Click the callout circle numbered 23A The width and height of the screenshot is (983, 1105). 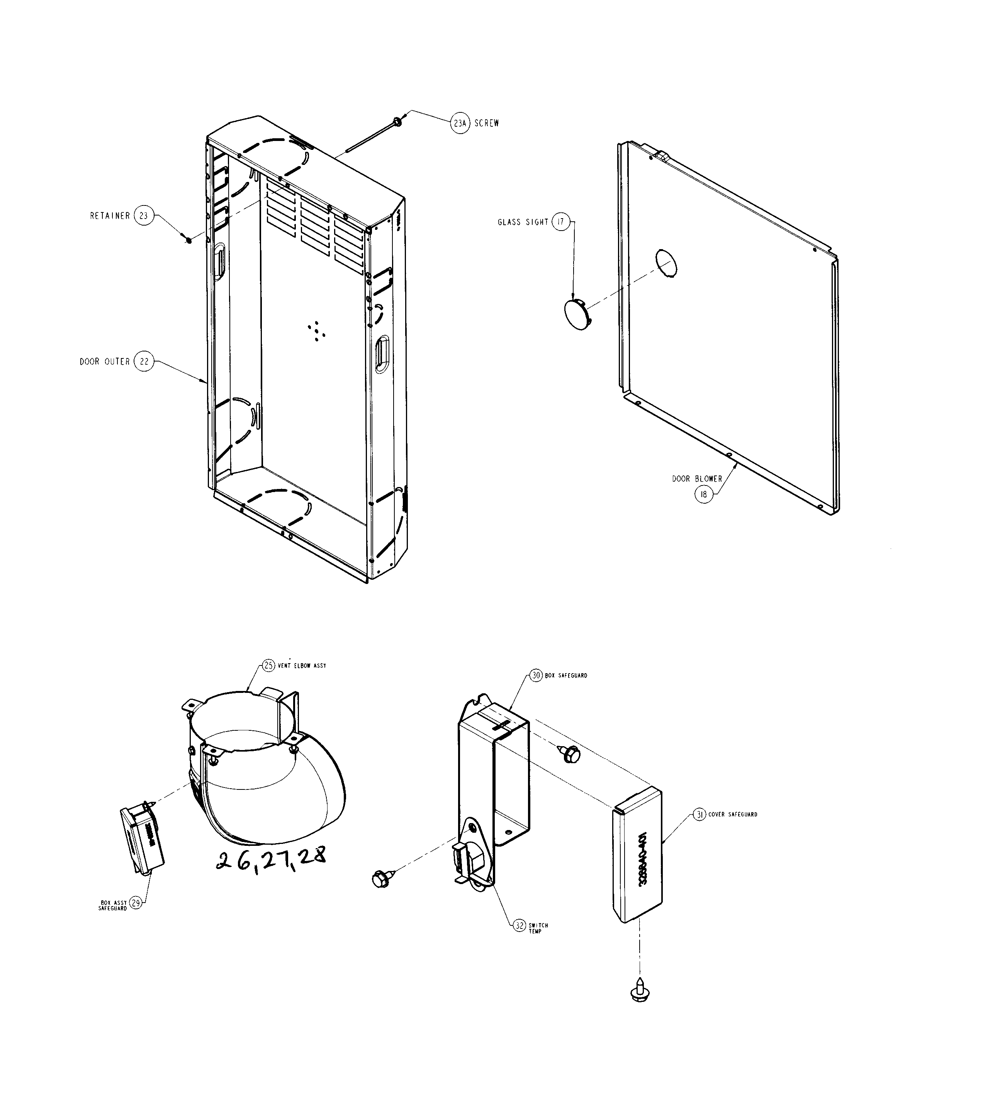point(460,123)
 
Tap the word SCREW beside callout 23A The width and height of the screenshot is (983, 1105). point(487,123)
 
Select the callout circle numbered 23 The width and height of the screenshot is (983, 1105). point(144,216)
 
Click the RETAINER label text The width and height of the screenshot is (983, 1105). point(110,216)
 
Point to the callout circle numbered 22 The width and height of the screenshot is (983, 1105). point(144,361)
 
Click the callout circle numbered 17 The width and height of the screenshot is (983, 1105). point(561,222)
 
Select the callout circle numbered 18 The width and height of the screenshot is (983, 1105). point(703,494)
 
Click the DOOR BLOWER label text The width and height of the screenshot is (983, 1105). point(697,479)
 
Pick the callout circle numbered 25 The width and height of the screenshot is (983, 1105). point(269,665)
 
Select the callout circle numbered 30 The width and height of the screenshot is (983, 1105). point(536,675)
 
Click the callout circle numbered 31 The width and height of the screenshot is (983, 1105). point(699,814)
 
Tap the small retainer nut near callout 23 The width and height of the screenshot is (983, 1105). point(188,239)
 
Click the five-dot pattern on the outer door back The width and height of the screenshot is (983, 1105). point(316,330)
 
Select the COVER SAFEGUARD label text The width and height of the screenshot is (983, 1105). point(733,814)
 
